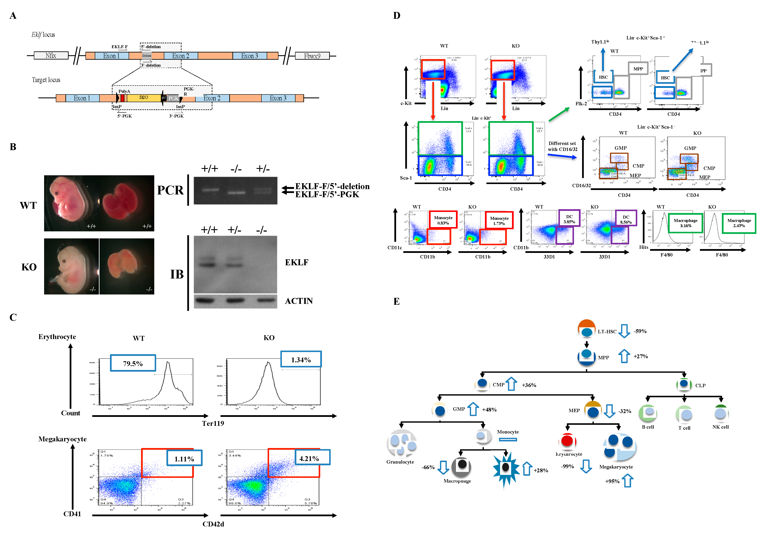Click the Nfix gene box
51,55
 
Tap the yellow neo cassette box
144,98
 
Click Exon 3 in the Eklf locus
249,56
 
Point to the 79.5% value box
133,363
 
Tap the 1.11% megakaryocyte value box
184,458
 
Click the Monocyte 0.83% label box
443,220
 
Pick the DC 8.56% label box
626,219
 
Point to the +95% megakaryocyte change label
612,481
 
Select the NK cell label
720,427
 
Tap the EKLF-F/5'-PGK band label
327,195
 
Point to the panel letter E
397,301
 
